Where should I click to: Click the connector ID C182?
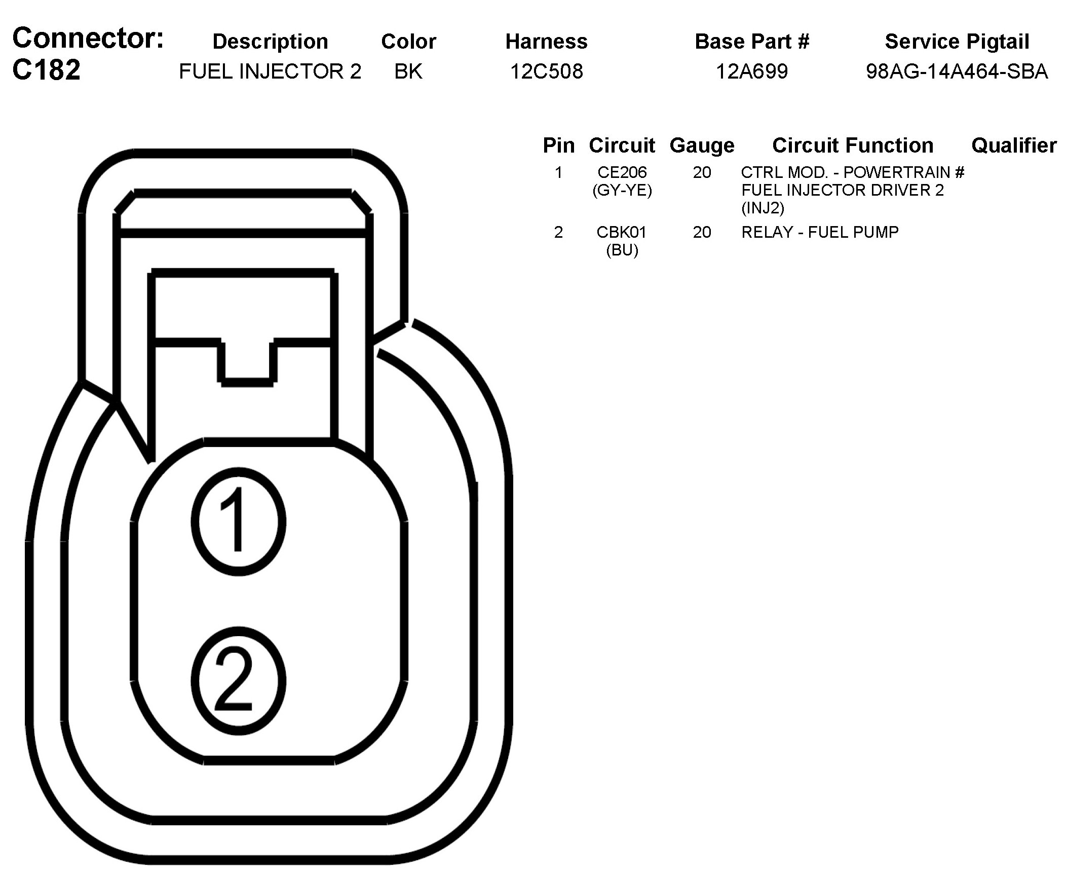[47, 69]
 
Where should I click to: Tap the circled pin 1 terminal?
[239, 522]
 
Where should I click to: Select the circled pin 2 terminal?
[239, 681]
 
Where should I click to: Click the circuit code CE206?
[622, 173]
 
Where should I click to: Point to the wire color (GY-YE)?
[622, 191]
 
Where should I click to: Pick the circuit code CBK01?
[621, 232]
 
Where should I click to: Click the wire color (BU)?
[622, 250]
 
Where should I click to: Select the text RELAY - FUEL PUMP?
[820, 232]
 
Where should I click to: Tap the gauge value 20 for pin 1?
[702, 173]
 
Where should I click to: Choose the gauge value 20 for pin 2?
[702, 232]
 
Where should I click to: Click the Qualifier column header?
[1014, 145]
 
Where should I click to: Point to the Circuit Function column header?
[852, 145]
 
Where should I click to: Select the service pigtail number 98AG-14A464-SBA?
[957, 71]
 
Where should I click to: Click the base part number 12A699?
[752, 71]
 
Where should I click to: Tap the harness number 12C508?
[546, 71]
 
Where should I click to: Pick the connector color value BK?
[408, 71]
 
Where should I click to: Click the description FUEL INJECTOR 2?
[270, 71]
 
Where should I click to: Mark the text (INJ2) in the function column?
[763, 208]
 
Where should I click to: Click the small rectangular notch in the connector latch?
[247, 361]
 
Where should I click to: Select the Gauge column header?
[702, 145]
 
